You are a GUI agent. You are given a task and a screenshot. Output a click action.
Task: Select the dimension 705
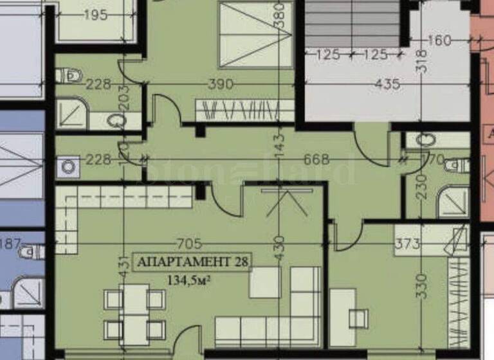[x=190, y=244]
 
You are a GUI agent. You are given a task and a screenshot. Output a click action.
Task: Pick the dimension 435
[x=387, y=84]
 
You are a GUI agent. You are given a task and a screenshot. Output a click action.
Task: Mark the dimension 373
[x=407, y=244]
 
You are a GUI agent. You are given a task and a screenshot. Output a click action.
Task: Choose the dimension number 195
[x=95, y=16]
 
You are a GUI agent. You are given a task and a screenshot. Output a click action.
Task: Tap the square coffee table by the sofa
[x=265, y=282]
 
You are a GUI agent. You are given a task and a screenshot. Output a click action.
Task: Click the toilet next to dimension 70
[x=457, y=165]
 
